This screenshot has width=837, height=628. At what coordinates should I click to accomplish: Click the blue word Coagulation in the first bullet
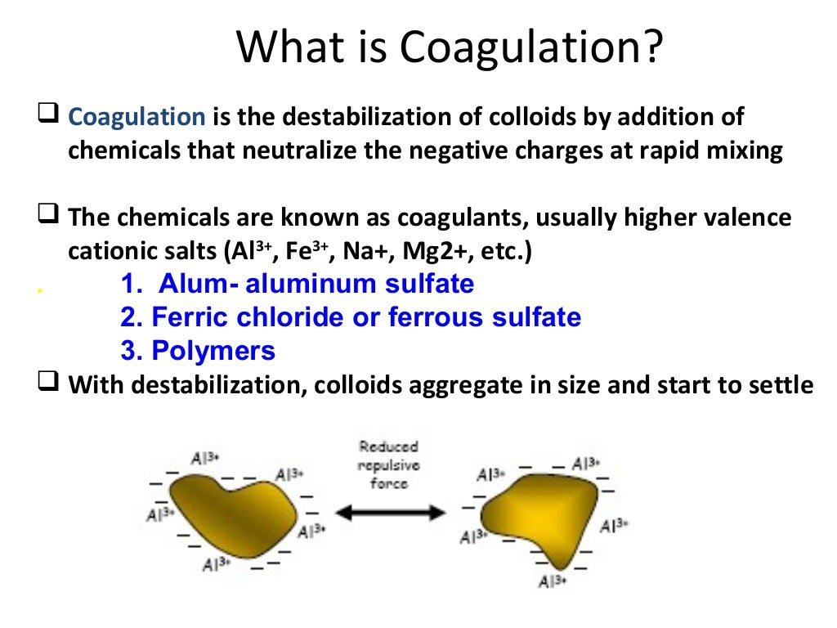[x=137, y=117]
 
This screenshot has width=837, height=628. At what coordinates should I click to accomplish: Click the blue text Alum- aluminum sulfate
[x=297, y=284]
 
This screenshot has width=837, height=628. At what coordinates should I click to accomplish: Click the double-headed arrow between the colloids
[x=391, y=513]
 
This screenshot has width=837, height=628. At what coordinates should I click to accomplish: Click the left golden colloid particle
[x=232, y=516]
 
